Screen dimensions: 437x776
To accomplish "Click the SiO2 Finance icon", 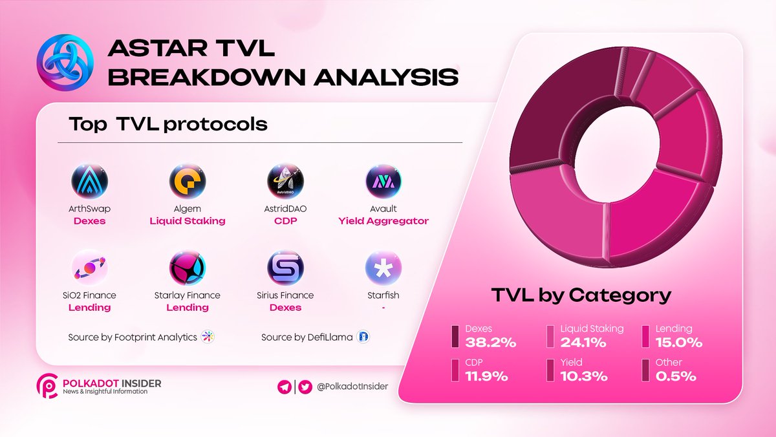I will [89, 268].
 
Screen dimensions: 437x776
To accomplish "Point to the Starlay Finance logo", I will [188, 268].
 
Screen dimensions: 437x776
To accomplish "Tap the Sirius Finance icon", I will [285, 268].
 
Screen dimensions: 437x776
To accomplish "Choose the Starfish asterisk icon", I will [383, 268].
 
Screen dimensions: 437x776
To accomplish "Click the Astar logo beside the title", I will [63, 62].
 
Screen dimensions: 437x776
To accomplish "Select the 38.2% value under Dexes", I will [491, 342].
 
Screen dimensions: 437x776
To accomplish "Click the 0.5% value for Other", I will [676, 376].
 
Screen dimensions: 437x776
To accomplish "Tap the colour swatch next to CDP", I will [455, 370].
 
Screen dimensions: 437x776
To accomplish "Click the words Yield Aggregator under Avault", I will [383, 221].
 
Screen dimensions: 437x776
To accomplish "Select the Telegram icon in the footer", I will [283, 387].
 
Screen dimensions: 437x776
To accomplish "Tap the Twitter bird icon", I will [305, 387].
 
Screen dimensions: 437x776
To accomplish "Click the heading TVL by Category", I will [581, 295].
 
